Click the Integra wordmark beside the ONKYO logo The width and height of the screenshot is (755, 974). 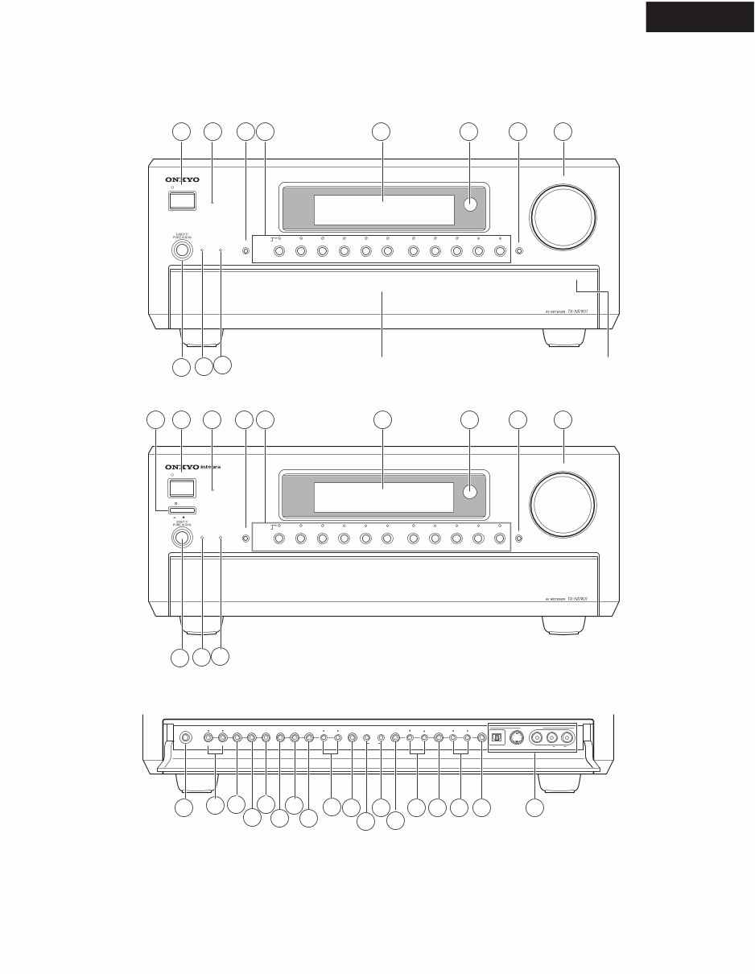[208, 467]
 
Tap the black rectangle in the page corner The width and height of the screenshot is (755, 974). [699, 16]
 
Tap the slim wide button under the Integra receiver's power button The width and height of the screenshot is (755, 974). [183, 510]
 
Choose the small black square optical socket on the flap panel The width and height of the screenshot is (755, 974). [497, 738]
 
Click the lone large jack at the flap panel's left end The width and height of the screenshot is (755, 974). [186, 737]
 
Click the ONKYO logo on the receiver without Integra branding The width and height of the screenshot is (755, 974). [183, 180]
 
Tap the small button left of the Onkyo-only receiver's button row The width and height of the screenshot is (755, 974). [245, 251]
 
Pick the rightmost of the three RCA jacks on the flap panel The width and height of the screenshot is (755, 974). [568, 738]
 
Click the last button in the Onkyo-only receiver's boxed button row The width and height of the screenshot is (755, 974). [500, 251]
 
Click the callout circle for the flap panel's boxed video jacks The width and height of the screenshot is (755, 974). [534, 806]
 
